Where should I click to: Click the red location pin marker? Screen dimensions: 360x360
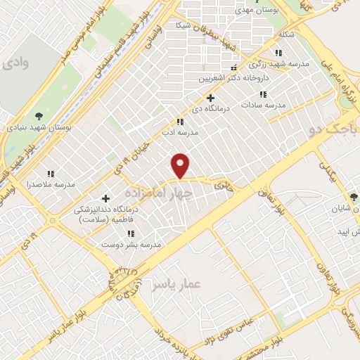181,165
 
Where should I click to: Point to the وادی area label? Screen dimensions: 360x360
15,63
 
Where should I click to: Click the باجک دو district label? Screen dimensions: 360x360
330,129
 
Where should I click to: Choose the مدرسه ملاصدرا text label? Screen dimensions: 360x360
49,184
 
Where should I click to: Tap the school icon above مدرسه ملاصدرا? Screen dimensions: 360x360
50,173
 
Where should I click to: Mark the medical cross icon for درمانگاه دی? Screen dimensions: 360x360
210,98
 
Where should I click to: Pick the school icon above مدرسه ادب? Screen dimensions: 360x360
180,121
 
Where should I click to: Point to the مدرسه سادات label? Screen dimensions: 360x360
263,105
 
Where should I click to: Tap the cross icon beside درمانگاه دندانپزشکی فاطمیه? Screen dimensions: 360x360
105,199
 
